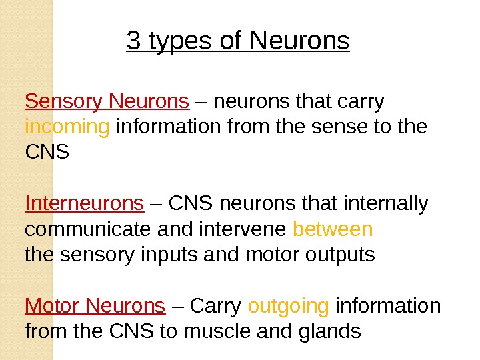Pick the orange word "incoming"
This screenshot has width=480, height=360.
click(x=67, y=127)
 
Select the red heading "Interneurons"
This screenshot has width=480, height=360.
click(x=84, y=203)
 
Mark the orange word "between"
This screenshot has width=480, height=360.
click(x=333, y=229)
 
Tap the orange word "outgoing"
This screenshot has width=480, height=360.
click(x=289, y=306)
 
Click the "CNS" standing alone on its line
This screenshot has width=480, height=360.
click(x=47, y=152)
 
